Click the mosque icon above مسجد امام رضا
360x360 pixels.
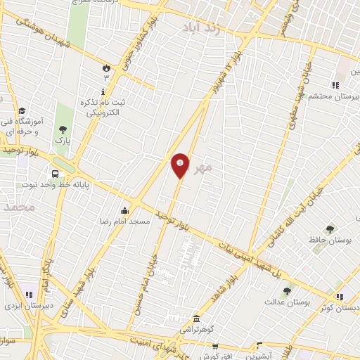pyautogui.click(x=125, y=210)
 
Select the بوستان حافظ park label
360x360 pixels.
pyautogui.click(x=330, y=240)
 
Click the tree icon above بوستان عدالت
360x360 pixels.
pyautogui.click(x=286, y=291)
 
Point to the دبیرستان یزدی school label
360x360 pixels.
pyautogui.click(x=25, y=307)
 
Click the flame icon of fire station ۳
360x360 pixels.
pyautogui.click(x=105, y=68)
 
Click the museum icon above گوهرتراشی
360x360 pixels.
pyautogui.click(x=196, y=319)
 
